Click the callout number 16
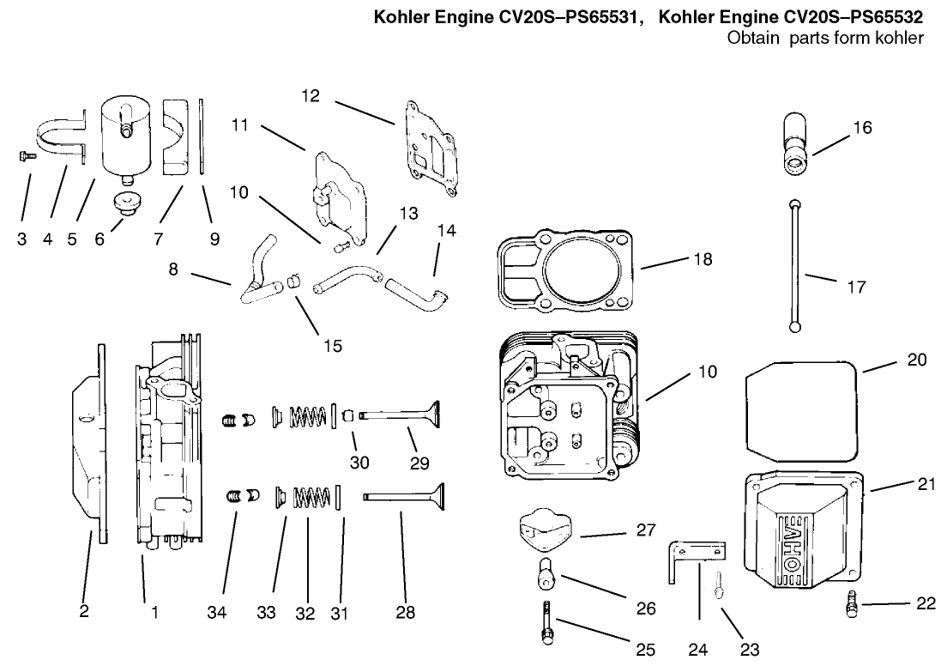pyautogui.click(x=862, y=127)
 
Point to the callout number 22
pyautogui.click(x=925, y=603)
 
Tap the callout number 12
pyautogui.click(x=311, y=95)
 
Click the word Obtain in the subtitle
pyautogui.click(x=751, y=38)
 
